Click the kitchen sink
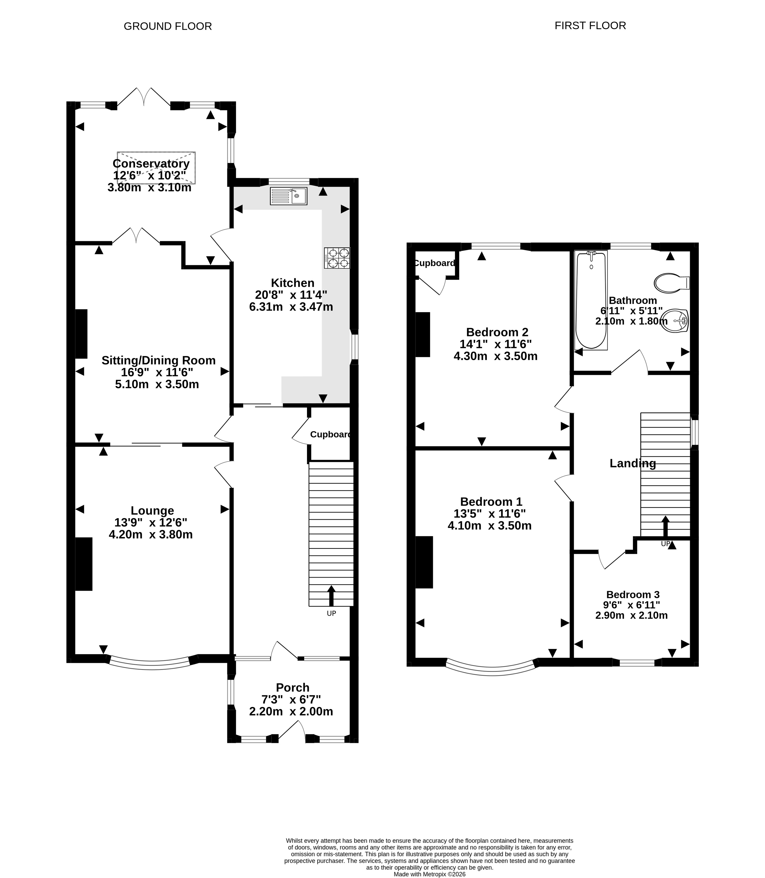tap(289, 196)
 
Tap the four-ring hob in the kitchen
tap(337, 258)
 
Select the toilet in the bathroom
tap(671, 283)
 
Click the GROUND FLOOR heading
tap(168, 27)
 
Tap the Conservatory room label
tap(151, 163)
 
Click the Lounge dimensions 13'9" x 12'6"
tap(151, 523)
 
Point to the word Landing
tap(633, 464)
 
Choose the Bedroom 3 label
tap(633, 595)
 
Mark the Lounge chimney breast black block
tap(84, 564)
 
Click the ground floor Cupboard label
tap(331, 435)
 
